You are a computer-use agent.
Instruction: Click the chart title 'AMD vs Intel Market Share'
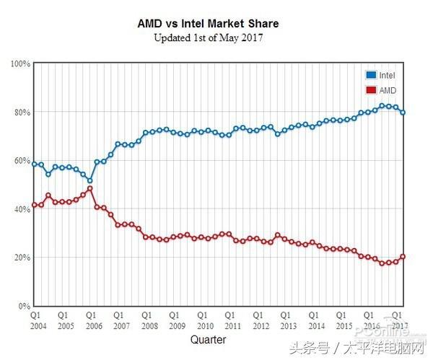pyautogui.click(x=208, y=24)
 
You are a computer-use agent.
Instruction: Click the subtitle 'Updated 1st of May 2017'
pyautogui.click(x=208, y=38)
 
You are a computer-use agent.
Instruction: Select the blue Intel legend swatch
pyautogui.click(x=371, y=74)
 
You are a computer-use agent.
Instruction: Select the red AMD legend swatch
pyautogui.click(x=371, y=90)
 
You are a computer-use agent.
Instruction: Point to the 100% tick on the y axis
pyautogui.click(x=19, y=63)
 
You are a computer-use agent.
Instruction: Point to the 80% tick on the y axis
pyautogui.click(x=21, y=112)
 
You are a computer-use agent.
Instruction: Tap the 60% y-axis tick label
pyautogui.click(x=21, y=160)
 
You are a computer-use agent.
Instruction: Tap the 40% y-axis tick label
pyautogui.click(x=21, y=209)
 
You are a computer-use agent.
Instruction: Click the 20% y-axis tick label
pyautogui.click(x=21, y=258)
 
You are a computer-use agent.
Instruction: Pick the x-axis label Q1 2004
pyautogui.click(x=35, y=320)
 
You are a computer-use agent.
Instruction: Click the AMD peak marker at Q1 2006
pyautogui.click(x=89, y=189)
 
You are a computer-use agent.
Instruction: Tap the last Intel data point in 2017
pyautogui.click(x=402, y=113)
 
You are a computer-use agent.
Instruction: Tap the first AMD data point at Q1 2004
pyautogui.click(x=35, y=206)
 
